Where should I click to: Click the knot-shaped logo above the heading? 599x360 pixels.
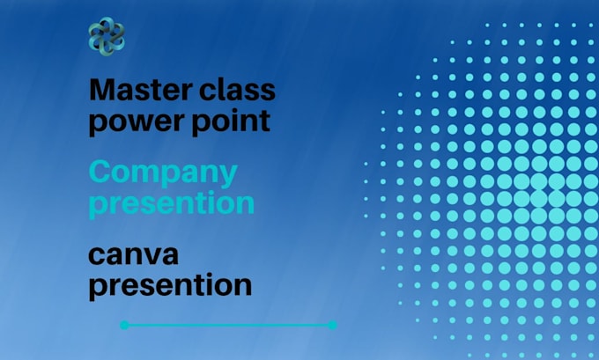[107, 36]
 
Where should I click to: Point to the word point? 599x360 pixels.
[228, 121]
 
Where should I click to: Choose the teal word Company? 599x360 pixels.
[163, 173]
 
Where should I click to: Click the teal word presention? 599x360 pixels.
[172, 203]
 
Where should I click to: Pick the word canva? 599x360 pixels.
[134, 255]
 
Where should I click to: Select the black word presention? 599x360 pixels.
[170, 285]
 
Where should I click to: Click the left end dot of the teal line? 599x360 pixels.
[124, 325]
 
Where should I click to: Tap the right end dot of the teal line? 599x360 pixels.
[332, 325]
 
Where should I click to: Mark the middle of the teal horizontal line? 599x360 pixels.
[228, 325]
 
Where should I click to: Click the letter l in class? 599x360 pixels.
[219, 89]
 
